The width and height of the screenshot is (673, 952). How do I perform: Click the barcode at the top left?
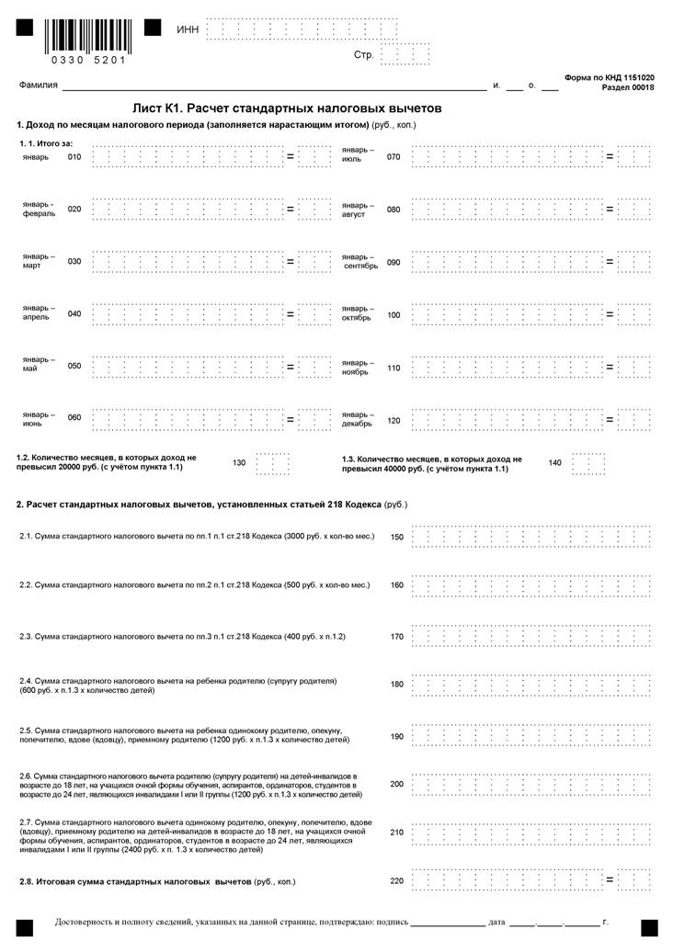click(x=88, y=35)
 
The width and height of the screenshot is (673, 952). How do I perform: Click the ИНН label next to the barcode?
click(x=188, y=30)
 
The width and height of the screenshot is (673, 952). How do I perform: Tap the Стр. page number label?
click(x=363, y=55)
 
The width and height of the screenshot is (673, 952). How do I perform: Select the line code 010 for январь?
click(x=74, y=157)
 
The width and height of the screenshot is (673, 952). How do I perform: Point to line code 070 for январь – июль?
click(x=394, y=157)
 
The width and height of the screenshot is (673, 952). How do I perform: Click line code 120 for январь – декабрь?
click(x=394, y=420)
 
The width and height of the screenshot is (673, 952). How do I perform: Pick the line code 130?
click(x=239, y=462)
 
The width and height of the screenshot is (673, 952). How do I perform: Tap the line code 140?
click(x=554, y=462)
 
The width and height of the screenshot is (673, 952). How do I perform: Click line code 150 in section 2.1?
click(x=397, y=537)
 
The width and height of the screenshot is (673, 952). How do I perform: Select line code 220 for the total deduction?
click(x=397, y=881)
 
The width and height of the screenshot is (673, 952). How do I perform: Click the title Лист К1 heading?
click(x=287, y=108)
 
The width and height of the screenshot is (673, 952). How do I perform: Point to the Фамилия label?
click(x=39, y=85)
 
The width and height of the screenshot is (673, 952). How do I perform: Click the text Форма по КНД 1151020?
click(x=610, y=78)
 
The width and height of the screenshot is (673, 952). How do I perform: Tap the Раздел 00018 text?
click(x=628, y=88)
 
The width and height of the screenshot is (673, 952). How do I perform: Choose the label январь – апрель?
click(x=39, y=313)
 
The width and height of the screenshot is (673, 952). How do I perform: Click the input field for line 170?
click(x=531, y=636)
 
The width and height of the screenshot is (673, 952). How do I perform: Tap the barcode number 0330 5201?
click(x=88, y=61)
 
